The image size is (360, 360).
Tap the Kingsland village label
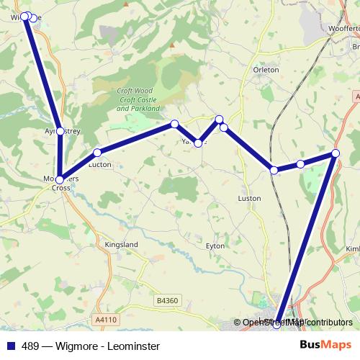(121, 245)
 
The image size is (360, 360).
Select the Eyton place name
(215, 246)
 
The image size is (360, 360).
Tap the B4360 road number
(167, 300)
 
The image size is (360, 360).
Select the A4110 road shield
(105, 319)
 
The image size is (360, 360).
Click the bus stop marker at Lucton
(96, 153)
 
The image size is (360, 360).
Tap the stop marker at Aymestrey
(60, 131)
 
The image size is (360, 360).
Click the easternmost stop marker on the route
(336, 153)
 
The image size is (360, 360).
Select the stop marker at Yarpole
(198, 143)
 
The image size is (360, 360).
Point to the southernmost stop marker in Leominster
(277, 326)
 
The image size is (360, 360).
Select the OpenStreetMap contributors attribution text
(297, 323)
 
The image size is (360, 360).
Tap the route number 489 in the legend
(30, 346)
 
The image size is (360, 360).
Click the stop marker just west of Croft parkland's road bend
(174, 124)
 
